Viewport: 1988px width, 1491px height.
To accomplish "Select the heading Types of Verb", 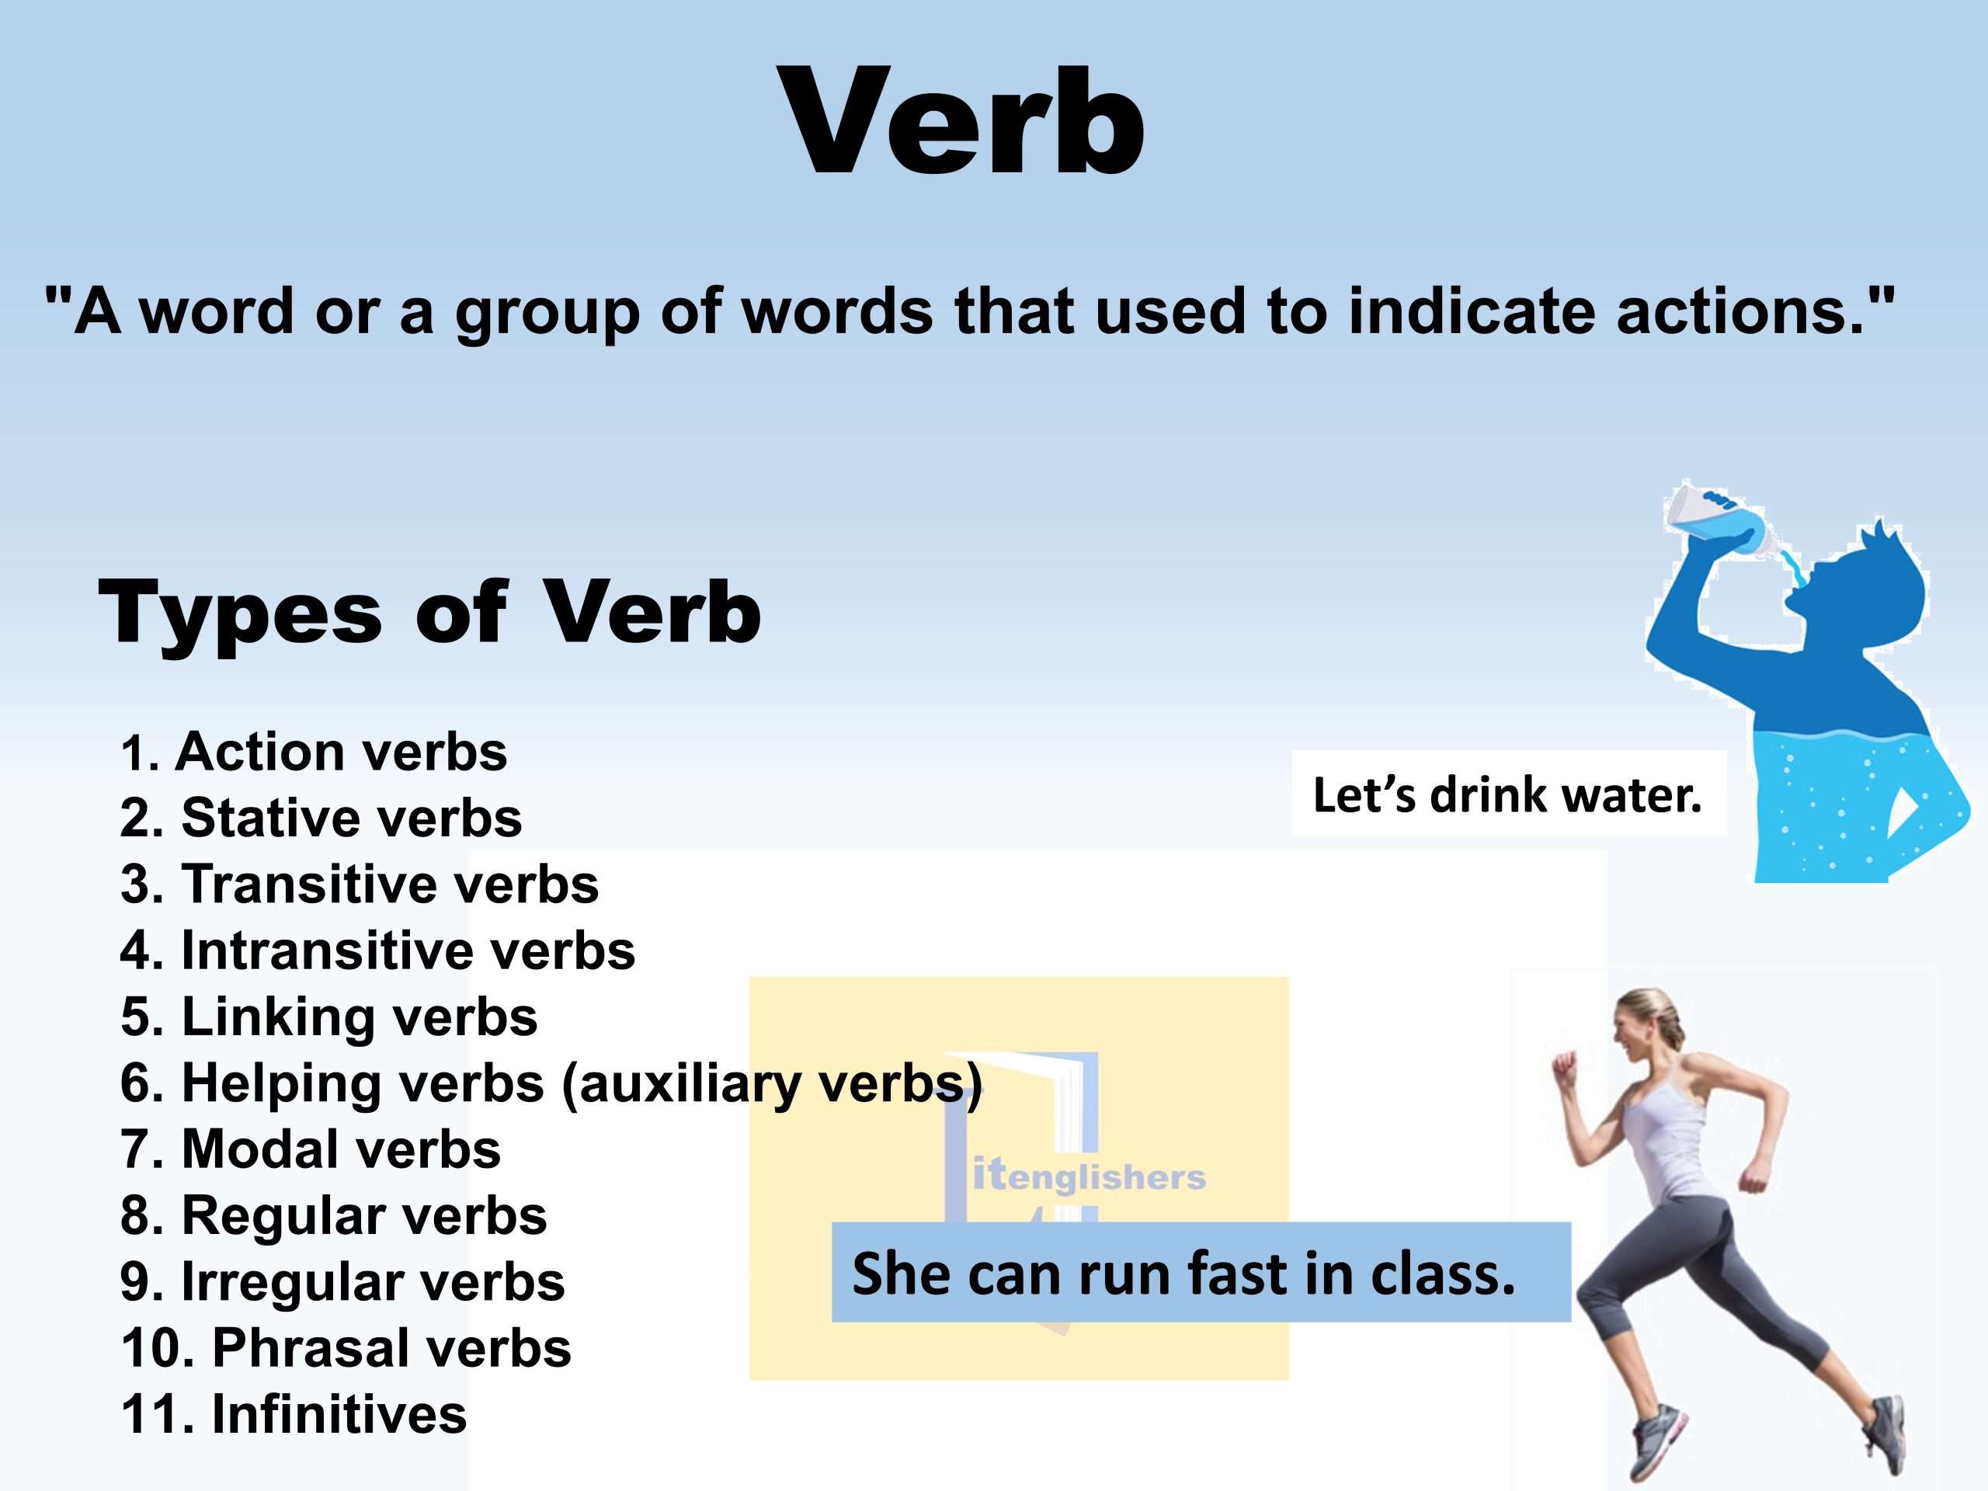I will pyautogui.click(x=429, y=612).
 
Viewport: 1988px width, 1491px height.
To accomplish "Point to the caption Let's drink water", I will pyautogui.click(x=1507, y=794).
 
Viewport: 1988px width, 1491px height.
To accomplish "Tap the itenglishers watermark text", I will pyautogui.click(x=1090, y=1176).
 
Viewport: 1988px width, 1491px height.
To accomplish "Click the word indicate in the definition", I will pyautogui.click(x=1470, y=310).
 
